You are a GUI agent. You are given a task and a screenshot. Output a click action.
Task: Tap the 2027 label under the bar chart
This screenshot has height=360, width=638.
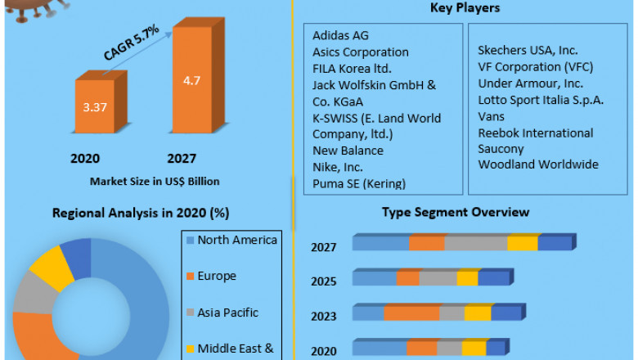pyautogui.click(x=182, y=158)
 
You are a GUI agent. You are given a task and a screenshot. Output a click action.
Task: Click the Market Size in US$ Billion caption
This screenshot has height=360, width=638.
pyautogui.click(x=142, y=181)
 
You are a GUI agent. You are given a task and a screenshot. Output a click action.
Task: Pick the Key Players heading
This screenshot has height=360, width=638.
pyautogui.click(x=465, y=9)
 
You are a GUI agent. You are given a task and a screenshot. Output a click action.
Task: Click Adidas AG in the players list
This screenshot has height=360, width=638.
pyautogui.click(x=340, y=35)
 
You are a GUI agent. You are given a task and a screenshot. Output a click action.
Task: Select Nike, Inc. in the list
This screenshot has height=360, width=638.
pyautogui.click(x=339, y=167)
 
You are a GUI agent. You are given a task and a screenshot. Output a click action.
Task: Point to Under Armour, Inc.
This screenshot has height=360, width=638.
pyautogui.click(x=530, y=83)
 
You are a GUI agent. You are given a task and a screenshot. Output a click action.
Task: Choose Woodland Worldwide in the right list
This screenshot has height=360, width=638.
pyautogui.click(x=538, y=164)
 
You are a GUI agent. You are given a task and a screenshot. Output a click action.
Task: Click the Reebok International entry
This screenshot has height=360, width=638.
pyautogui.click(x=536, y=133)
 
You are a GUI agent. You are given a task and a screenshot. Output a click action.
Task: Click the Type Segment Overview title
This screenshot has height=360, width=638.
pyautogui.click(x=456, y=213)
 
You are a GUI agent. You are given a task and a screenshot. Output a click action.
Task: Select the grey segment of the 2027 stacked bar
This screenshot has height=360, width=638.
pyautogui.click(x=476, y=243)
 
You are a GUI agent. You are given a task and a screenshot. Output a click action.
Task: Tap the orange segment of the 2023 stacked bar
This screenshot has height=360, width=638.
pyautogui.click(x=411, y=313)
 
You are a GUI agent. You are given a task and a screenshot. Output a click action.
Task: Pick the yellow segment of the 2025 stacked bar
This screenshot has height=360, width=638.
pyautogui.click(x=467, y=278)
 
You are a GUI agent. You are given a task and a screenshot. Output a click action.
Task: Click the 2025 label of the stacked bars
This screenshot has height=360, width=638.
pyautogui.click(x=323, y=281)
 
